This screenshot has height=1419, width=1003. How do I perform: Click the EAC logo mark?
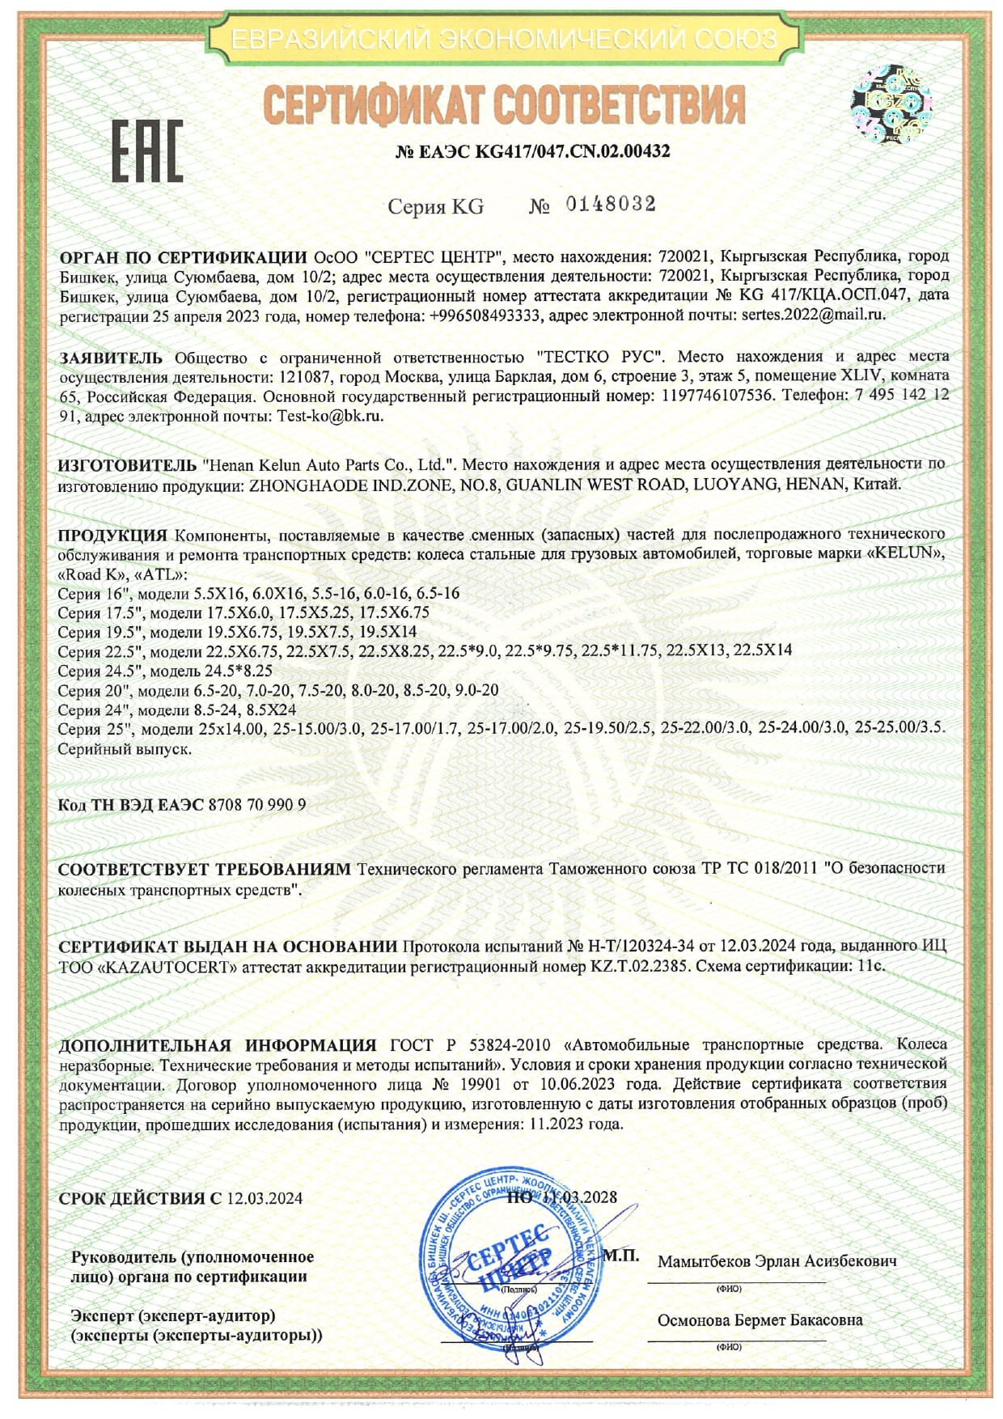coord(146,150)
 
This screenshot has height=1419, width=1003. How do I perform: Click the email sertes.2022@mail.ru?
coord(813,315)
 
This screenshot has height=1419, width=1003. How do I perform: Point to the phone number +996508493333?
coord(482,315)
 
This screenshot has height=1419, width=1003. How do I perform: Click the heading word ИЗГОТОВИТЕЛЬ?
coord(127,464)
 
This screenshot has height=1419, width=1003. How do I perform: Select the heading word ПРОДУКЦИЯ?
coord(112,535)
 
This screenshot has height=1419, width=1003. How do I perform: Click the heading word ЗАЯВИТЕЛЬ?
coord(111,357)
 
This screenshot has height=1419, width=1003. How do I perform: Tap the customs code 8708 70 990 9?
coord(257,805)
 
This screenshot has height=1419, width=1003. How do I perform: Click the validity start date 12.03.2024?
coord(265,1198)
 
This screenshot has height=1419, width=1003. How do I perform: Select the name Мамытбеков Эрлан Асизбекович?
coord(777,1260)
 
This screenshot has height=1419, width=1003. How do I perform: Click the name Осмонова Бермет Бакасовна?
coord(760,1319)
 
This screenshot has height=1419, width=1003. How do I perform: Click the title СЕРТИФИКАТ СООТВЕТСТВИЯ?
coord(504,104)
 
